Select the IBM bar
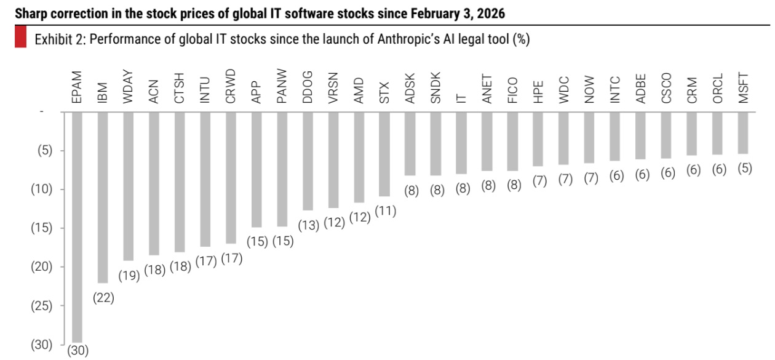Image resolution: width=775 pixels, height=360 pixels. [103, 197]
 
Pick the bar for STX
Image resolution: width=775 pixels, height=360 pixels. [384, 154]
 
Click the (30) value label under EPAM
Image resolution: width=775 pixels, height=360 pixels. [78, 351]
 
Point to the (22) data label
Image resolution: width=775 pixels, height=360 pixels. [103, 298]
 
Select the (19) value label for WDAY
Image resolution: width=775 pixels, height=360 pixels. [129, 276]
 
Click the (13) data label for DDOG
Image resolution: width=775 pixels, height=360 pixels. [308, 225]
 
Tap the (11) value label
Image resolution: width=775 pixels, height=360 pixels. [385, 211]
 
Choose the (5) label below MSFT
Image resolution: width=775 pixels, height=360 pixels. [744, 169]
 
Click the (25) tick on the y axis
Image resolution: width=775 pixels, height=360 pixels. [42, 306]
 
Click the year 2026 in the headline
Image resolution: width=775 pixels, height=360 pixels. [492, 13]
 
